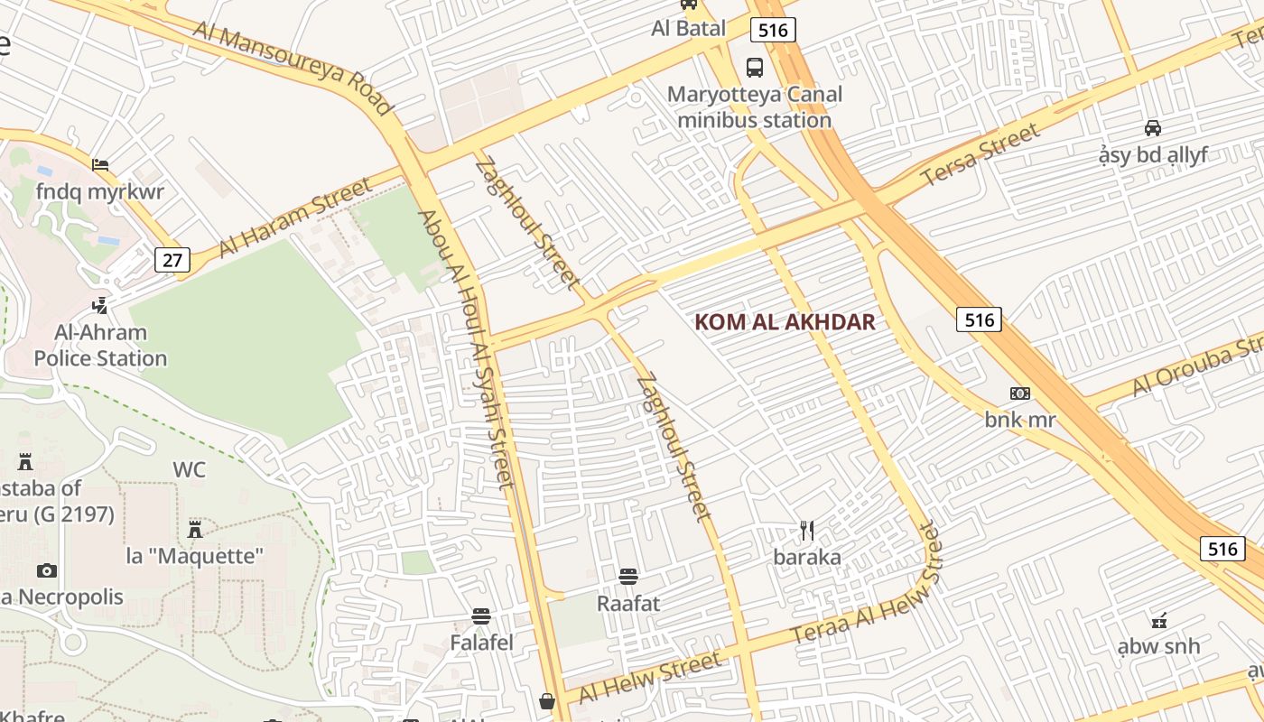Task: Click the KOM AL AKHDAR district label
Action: [x=785, y=322]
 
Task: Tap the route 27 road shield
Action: [x=172, y=261]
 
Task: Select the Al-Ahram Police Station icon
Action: [x=101, y=305]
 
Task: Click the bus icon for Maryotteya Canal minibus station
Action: [x=754, y=67]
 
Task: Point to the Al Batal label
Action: [x=688, y=29]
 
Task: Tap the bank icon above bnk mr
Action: [x=1019, y=393]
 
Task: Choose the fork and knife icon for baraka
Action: [x=807, y=531]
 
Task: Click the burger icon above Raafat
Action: [x=628, y=576]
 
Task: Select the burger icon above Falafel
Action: [x=481, y=616]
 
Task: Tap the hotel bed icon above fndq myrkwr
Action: [x=100, y=164]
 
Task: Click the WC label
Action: [x=189, y=470]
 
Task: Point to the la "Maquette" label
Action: [x=194, y=556]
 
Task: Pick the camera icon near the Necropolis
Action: [x=47, y=570]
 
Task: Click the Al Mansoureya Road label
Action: [x=293, y=69]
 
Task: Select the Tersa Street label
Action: [x=981, y=156]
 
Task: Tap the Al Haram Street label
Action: [x=294, y=218]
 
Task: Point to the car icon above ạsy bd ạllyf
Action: [x=1153, y=127]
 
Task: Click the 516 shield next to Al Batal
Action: [x=774, y=31]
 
